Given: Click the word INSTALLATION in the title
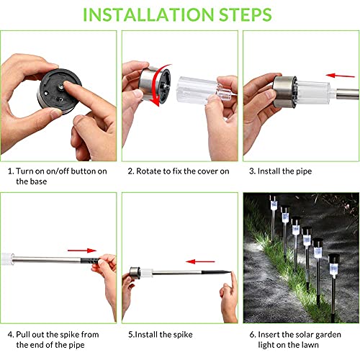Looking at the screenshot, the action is coord(148,14).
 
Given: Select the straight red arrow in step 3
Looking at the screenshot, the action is coord(340,76).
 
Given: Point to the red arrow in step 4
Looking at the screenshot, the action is coord(82,251).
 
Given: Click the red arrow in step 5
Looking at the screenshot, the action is coord(200,261).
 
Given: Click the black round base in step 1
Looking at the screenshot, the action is coord(59,91).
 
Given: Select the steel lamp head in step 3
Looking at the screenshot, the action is coord(285,91).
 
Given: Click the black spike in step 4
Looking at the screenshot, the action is coord(90,260).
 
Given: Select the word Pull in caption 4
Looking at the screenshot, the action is coord(23,334).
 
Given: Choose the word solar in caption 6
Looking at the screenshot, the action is coord(306,335).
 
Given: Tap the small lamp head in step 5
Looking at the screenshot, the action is coord(135,273).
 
